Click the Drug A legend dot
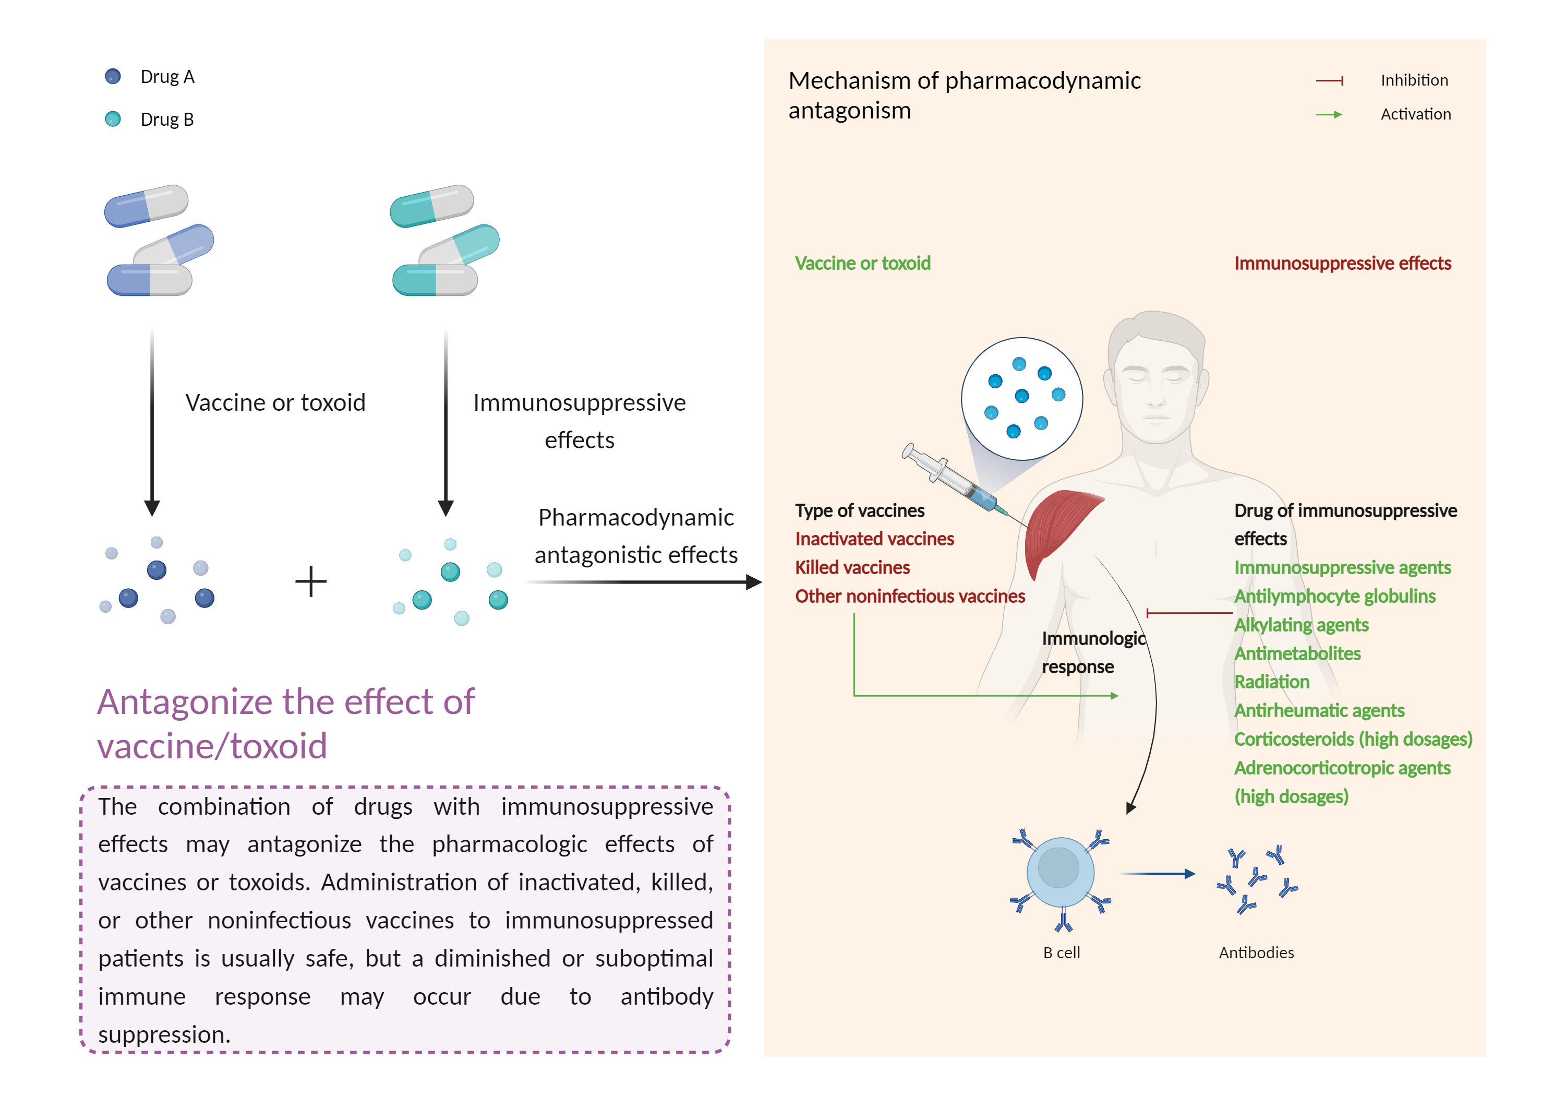[x=113, y=76]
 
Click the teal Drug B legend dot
[x=113, y=120]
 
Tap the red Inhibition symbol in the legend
[x=1329, y=80]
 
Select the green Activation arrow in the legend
[x=1329, y=115]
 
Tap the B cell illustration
[x=1060, y=873]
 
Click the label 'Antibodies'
[x=1256, y=953]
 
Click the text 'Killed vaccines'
[x=852, y=567]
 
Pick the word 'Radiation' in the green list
[x=1272, y=682]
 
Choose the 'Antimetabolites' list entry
[x=1297, y=653]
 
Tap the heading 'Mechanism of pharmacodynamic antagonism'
[x=964, y=96]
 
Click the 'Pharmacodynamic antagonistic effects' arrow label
[x=635, y=536]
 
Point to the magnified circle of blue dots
[x=1022, y=398]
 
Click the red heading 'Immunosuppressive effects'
[x=1342, y=263]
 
